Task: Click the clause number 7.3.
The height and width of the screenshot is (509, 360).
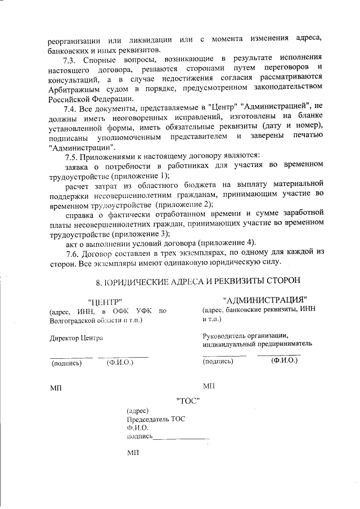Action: pyautogui.click(x=70, y=58)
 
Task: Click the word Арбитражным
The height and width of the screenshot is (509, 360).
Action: pyautogui.click(x=71, y=88)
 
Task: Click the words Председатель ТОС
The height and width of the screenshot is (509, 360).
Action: pyautogui.click(x=156, y=419)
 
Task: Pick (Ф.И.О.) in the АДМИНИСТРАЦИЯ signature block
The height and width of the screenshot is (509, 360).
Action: pyautogui.click(x=283, y=361)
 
